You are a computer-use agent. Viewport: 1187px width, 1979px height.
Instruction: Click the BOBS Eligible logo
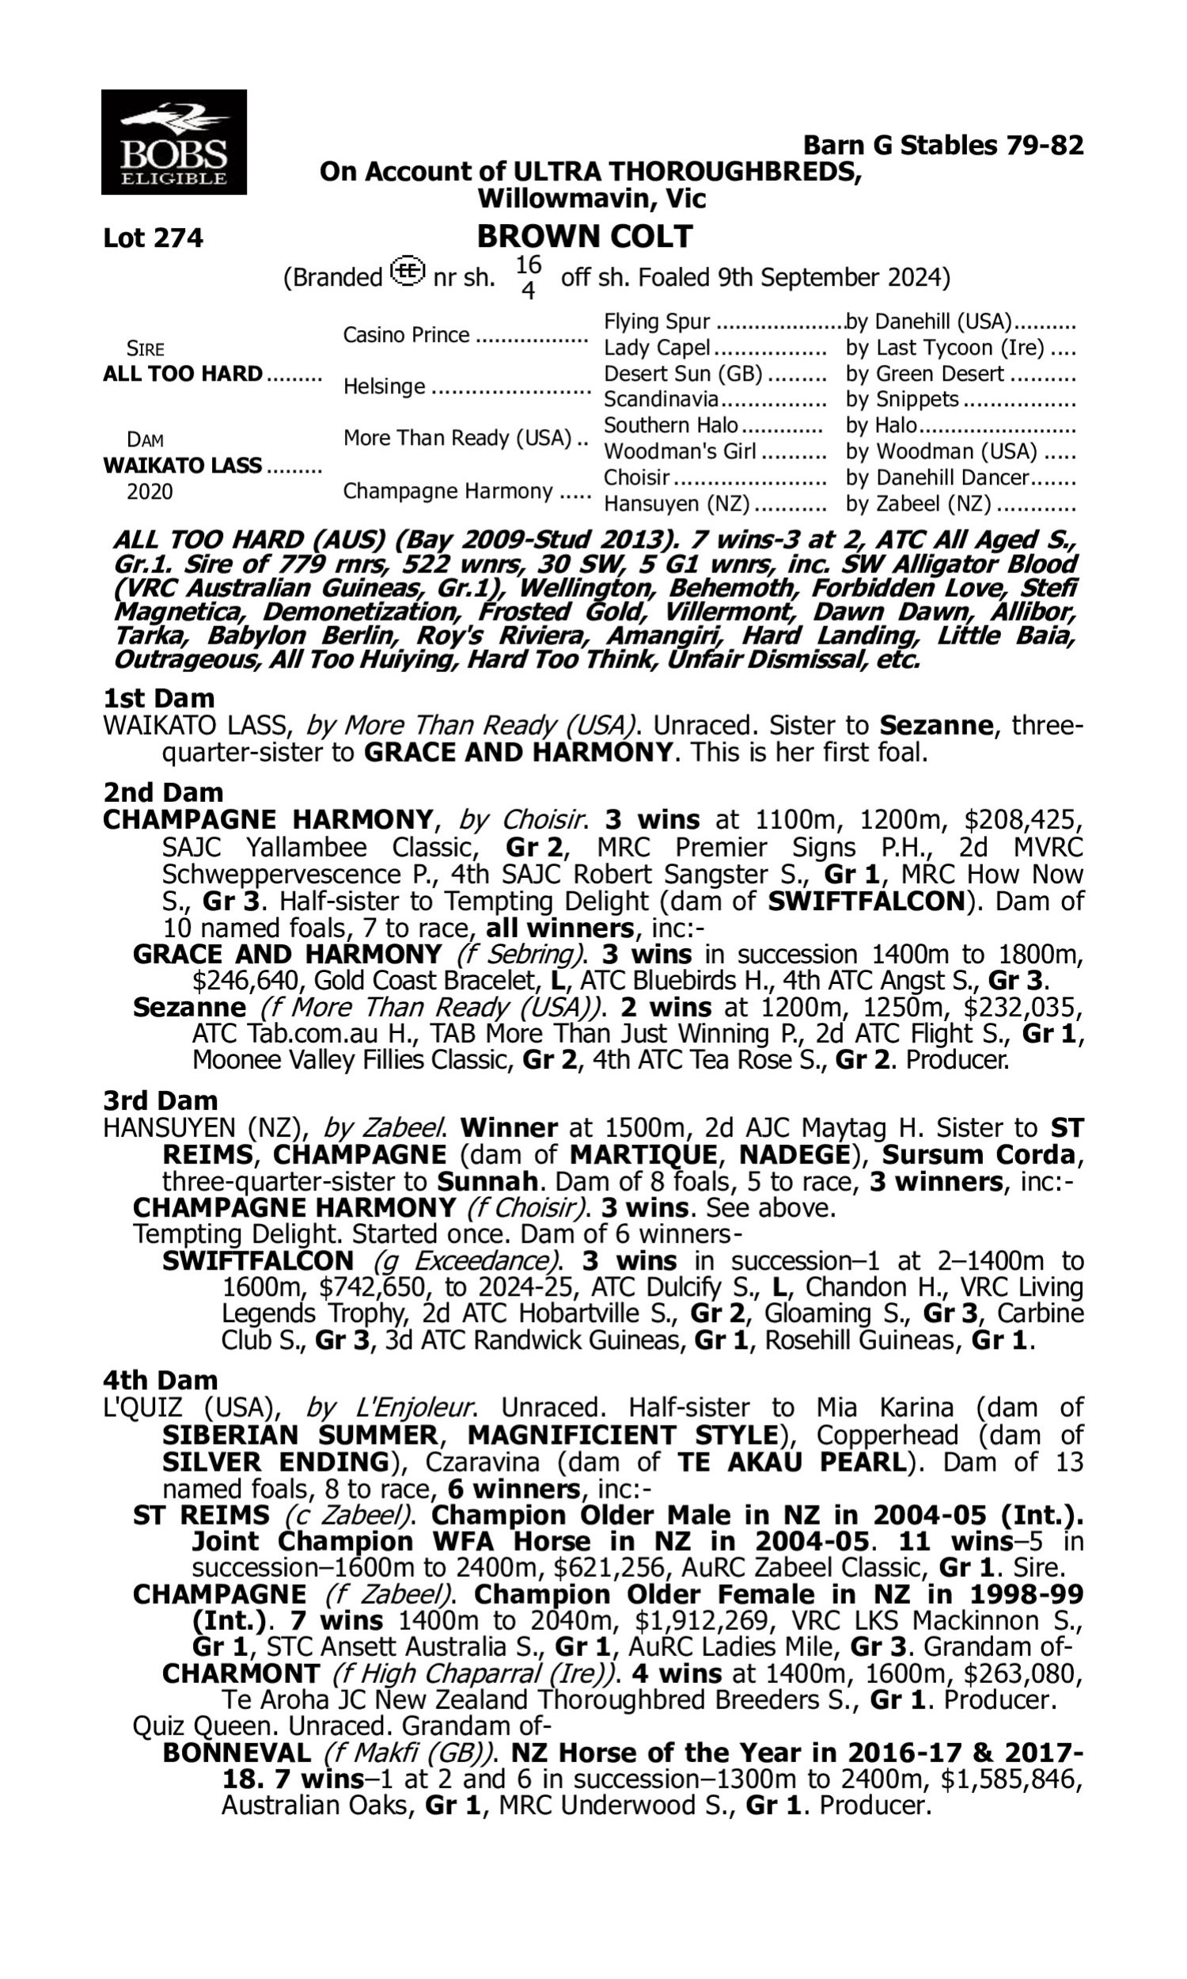[173, 142]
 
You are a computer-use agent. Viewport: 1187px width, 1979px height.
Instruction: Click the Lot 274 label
[153, 238]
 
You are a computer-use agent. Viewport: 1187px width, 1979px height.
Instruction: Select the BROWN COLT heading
[585, 237]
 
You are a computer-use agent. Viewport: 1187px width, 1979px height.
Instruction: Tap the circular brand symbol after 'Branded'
[408, 272]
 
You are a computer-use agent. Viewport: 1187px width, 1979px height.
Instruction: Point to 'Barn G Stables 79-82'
[943, 146]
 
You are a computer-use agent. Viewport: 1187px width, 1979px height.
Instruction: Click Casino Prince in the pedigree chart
[405, 334]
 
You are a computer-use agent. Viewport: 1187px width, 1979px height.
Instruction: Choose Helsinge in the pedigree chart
[384, 386]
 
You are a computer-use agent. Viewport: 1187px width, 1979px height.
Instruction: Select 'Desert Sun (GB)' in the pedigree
[683, 374]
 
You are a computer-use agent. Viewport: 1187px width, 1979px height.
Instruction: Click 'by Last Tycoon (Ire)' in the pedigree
[945, 348]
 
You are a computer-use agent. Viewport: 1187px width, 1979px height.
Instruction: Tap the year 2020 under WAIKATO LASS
[150, 491]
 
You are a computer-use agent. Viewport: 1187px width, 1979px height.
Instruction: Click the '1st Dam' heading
[159, 698]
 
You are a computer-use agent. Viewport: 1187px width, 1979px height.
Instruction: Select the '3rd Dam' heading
[161, 1100]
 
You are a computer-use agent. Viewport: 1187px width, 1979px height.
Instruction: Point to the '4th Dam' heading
[160, 1380]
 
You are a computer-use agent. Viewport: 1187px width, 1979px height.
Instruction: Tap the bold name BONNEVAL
[237, 1753]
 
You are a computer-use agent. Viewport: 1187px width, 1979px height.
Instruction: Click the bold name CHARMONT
[241, 1673]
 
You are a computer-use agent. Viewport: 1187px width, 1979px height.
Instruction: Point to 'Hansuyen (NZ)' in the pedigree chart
[677, 504]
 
